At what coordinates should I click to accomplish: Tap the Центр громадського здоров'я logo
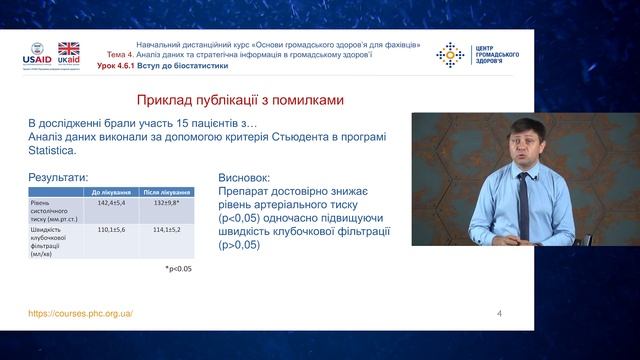(470, 54)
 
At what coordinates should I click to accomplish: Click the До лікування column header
(108, 191)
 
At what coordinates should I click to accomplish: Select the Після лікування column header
(159, 191)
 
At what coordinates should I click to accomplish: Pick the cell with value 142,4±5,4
(108, 204)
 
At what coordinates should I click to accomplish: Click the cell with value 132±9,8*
(159, 204)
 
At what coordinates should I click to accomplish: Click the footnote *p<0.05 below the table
(178, 269)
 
